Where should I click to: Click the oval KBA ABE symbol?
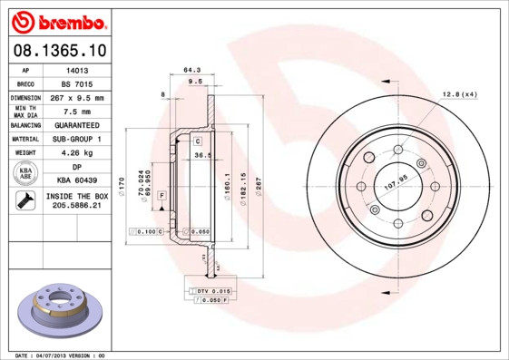click(26, 174)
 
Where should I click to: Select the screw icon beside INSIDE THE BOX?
click(26, 201)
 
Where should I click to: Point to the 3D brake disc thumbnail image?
click(59, 310)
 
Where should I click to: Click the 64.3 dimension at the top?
click(191, 70)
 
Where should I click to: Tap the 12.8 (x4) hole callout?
click(459, 93)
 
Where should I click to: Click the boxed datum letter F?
click(162, 195)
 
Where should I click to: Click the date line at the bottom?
click(61, 355)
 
